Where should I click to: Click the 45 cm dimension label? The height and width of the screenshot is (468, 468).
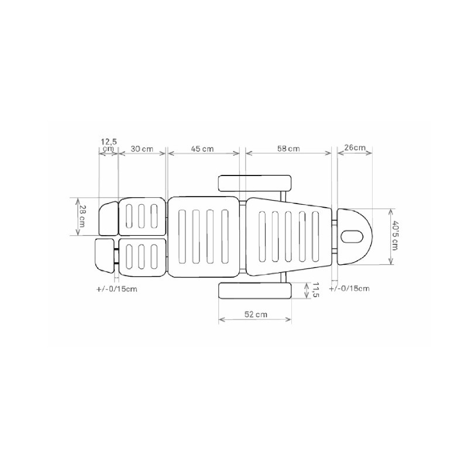pos(202,149)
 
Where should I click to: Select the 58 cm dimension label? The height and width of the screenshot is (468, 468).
pos(288,149)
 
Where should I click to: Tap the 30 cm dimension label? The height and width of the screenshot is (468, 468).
pos(142,149)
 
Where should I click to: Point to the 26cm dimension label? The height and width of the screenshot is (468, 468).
pos(355,147)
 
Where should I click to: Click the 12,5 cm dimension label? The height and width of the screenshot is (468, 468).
pos(108,144)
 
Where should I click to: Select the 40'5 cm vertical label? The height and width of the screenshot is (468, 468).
pos(395,236)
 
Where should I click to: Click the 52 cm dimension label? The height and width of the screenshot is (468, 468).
pos(256,314)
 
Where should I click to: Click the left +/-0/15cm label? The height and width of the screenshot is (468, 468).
pos(117,289)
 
